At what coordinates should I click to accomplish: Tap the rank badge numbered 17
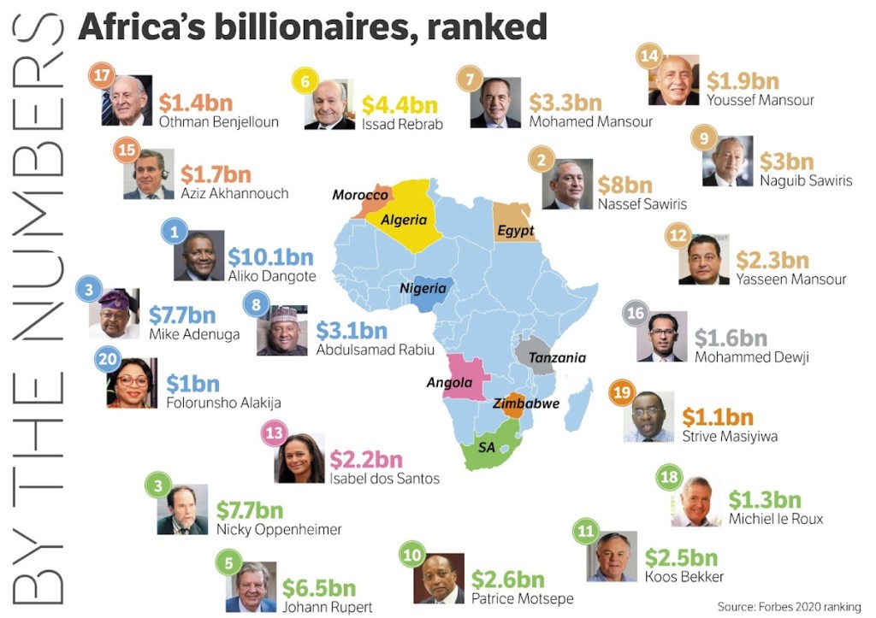[x=103, y=75]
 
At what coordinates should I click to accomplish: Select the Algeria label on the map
[x=404, y=221]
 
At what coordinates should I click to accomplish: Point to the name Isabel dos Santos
[x=384, y=479]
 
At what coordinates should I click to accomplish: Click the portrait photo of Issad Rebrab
[x=330, y=104]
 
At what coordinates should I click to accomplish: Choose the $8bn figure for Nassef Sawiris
[x=625, y=185]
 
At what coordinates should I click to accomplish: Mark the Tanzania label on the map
[x=557, y=358]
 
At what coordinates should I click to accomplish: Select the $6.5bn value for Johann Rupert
[x=319, y=588]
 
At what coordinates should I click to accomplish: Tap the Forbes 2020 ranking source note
[x=789, y=607]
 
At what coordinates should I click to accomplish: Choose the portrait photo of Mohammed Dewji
[x=661, y=336]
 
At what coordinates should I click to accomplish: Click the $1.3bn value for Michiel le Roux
[x=765, y=500]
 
